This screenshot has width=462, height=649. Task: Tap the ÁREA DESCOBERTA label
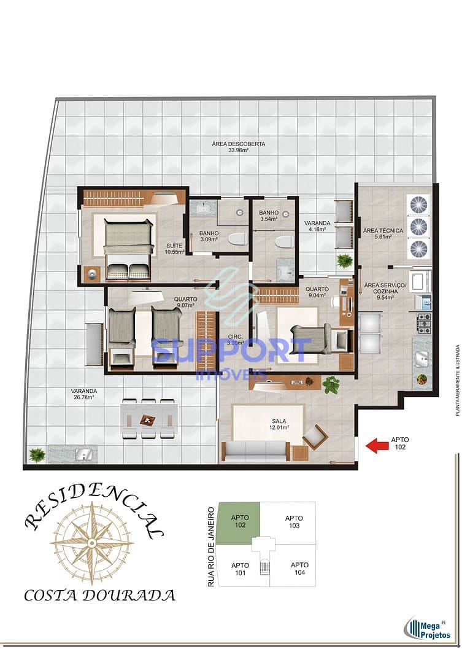click(238, 147)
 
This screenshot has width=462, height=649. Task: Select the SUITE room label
click(174, 249)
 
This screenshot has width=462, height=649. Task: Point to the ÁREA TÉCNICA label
click(383, 234)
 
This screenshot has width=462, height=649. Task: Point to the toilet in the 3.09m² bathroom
click(236, 239)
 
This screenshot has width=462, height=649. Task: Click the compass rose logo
click(92, 542)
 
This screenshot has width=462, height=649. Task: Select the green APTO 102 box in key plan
click(239, 521)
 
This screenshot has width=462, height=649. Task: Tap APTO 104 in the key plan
click(299, 569)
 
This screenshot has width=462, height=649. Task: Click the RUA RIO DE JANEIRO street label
click(212, 546)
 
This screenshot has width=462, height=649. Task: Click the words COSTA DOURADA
click(99, 595)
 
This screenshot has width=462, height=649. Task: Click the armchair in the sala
click(315, 437)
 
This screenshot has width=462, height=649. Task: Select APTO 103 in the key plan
click(294, 522)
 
